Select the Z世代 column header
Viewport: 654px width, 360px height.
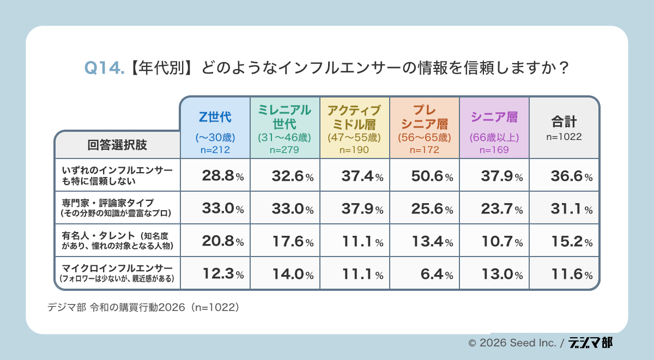(215, 117)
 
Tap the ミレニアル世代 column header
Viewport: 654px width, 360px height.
(284, 117)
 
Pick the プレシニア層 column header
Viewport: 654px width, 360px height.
(424, 117)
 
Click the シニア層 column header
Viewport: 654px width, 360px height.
(494, 117)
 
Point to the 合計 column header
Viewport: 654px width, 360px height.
(564, 120)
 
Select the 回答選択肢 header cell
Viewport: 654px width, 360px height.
(117, 145)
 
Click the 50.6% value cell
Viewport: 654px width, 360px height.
(424, 176)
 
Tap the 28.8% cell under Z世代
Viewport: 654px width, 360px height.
(215, 176)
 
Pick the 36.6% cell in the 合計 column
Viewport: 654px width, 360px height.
(564, 176)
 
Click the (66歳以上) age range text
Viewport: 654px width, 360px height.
(494, 137)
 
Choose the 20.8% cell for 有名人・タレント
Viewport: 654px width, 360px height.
(215, 241)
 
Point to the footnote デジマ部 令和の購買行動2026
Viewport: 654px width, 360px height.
(143, 307)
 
